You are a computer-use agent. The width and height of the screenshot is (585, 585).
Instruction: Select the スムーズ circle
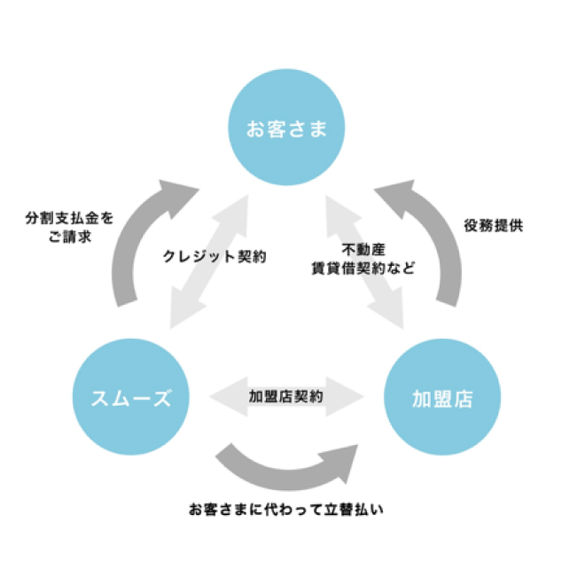131,398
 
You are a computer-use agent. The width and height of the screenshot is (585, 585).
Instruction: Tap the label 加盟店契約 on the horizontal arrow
286,397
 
